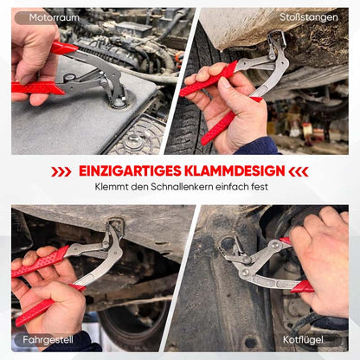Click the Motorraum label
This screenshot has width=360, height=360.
point(54,17)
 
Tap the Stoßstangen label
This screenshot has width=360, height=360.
point(309,17)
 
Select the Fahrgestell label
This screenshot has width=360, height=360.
point(48,340)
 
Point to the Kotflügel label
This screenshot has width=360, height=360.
point(303,340)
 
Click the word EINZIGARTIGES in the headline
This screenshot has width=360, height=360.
point(130,171)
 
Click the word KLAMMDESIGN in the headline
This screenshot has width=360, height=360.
point(235,171)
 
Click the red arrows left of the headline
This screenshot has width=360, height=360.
point(61,172)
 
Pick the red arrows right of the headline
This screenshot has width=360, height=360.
point(299,171)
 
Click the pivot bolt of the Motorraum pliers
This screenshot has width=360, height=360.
point(103,81)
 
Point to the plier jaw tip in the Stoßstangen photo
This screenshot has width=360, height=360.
point(277,35)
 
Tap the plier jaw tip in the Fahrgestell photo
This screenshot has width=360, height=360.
point(115,225)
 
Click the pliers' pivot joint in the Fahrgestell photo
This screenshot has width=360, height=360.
point(106,245)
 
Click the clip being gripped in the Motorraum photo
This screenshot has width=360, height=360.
point(119,101)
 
